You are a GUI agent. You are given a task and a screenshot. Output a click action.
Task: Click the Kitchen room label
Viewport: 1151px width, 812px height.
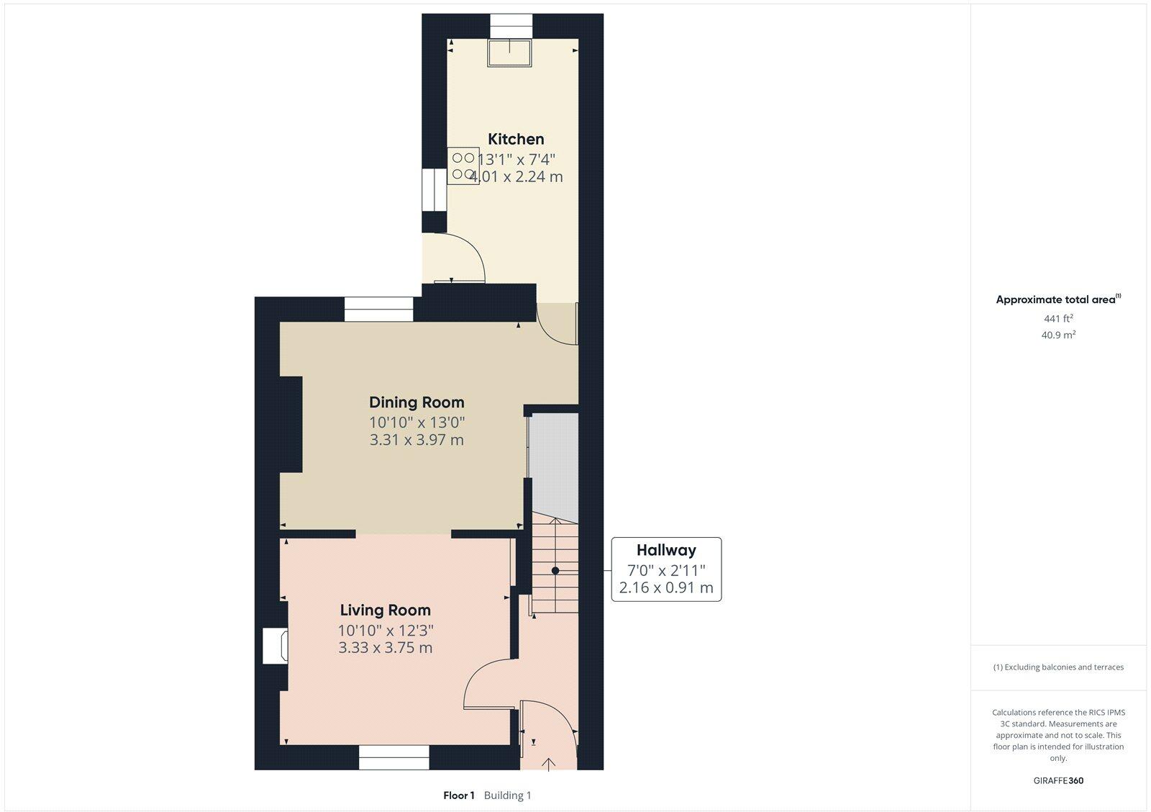click(x=516, y=139)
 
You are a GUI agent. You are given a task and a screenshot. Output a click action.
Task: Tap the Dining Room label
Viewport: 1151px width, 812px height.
click(x=417, y=402)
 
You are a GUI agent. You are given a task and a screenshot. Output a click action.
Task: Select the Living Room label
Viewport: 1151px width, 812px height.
click(x=385, y=610)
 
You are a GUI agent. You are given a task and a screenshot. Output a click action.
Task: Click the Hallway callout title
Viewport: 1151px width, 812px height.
click(x=666, y=550)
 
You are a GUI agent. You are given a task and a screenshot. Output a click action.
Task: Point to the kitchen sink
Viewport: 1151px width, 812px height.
click(x=510, y=53)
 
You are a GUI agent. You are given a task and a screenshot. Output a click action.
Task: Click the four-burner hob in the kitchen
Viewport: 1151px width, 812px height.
click(x=463, y=166)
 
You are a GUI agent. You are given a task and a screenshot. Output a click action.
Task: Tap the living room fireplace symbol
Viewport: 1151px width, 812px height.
click(x=276, y=646)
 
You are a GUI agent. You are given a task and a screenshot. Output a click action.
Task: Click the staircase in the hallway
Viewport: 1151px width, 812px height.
click(x=555, y=565)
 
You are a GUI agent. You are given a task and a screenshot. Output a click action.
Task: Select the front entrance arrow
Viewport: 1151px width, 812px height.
click(x=549, y=763)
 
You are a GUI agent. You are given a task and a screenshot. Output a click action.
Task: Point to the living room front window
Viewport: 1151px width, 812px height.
click(x=393, y=757)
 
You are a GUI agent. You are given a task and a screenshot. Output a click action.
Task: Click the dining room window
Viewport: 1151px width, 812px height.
click(x=378, y=309)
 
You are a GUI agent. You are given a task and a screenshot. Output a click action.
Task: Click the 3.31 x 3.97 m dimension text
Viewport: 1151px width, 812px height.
click(x=417, y=440)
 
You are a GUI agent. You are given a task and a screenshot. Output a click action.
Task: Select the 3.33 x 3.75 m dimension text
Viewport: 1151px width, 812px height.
click(x=385, y=648)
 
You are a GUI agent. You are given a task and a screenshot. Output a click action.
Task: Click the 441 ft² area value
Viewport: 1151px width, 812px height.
click(x=1058, y=318)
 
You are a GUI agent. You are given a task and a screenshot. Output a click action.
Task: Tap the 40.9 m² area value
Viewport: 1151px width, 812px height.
click(x=1058, y=335)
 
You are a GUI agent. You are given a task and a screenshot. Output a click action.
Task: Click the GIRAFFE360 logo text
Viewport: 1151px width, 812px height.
click(x=1058, y=780)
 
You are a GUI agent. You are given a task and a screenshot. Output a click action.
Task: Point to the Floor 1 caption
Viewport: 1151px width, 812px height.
click(x=459, y=795)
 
